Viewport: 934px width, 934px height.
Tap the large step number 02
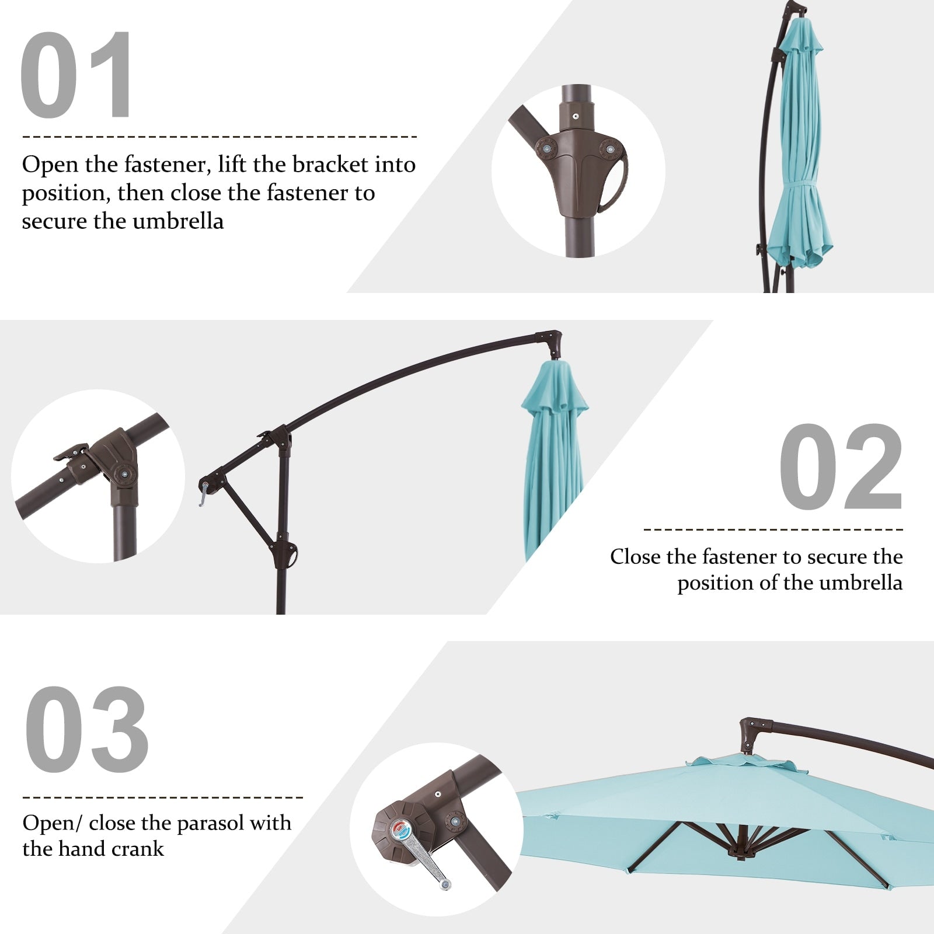841,466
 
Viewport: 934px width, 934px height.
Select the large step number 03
86,730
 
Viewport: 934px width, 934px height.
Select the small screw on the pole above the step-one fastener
576,116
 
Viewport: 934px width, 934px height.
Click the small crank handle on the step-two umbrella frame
203,493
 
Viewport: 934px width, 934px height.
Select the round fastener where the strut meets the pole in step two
285,551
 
